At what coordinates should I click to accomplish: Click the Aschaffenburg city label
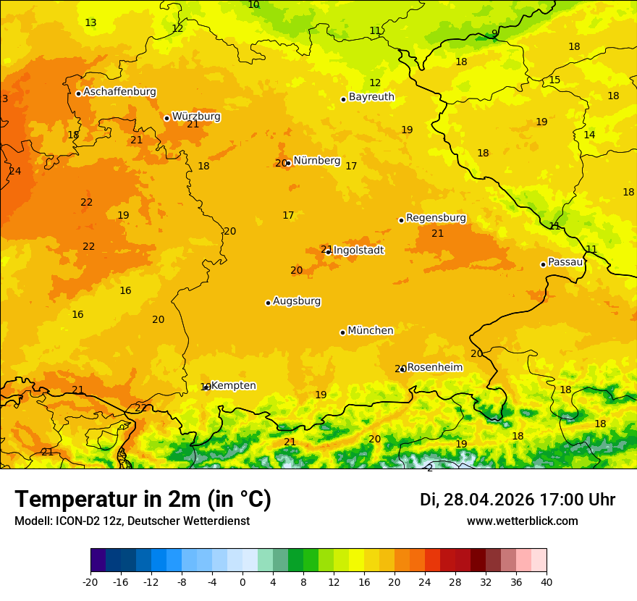[x=119, y=92]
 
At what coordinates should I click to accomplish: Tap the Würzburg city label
[x=196, y=117]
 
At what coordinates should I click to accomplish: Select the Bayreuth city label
[x=371, y=97]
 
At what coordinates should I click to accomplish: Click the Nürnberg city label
[x=316, y=161]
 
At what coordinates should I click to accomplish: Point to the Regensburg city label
[x=436, y=218]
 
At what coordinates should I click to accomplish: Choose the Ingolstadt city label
[x=359, y=251]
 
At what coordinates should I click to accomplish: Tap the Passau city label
[x=565, y=262]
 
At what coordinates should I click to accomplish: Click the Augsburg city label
[x=297, y=301]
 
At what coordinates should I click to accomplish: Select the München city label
[x=371, y=331]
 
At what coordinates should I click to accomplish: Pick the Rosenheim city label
[x=434, y=368]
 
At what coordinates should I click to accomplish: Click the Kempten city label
[x=233, y=386]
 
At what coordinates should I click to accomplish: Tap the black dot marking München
[x=342, y=332]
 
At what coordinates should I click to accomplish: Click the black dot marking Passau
[x=543, y=264]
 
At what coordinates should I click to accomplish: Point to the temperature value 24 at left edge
[x=14, y=172]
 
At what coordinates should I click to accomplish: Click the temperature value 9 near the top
[x=494, y=33]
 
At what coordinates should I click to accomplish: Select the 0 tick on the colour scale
[x=242, y=581]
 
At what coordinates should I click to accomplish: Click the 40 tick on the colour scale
[x=547, y=581]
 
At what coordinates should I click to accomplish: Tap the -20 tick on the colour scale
[x=90, y=581]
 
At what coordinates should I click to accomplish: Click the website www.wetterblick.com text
[x=522, y=521]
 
